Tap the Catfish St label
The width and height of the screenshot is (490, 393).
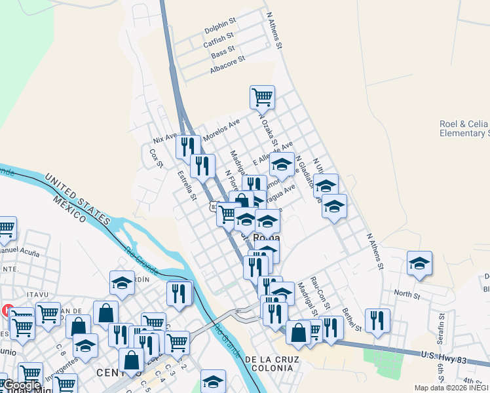pyautogui.click(x=219, y=41)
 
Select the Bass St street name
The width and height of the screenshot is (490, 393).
pyautogui.click(x=223, y=52)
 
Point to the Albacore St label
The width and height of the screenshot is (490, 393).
pyautogui.click(x=227, y=64)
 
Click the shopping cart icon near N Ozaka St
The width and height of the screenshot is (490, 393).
pyautogui.click(x=262, y=97)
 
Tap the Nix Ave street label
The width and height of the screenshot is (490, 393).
pyautogui.click(x=164, y=138)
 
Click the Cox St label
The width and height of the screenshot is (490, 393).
pyautogui.click(x=156, y=158)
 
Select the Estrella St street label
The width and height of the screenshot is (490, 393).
pyautogui.click(x=187, y=184)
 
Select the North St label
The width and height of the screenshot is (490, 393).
pyautogui.click(x=407, y=295)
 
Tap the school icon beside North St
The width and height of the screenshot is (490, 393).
pyautogui.click(x=419, y=263)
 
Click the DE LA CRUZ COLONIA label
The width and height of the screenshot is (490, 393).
pyautogui.click(x=271, y=364)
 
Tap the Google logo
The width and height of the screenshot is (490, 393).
pyautogui.click(x=22, y=385)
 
